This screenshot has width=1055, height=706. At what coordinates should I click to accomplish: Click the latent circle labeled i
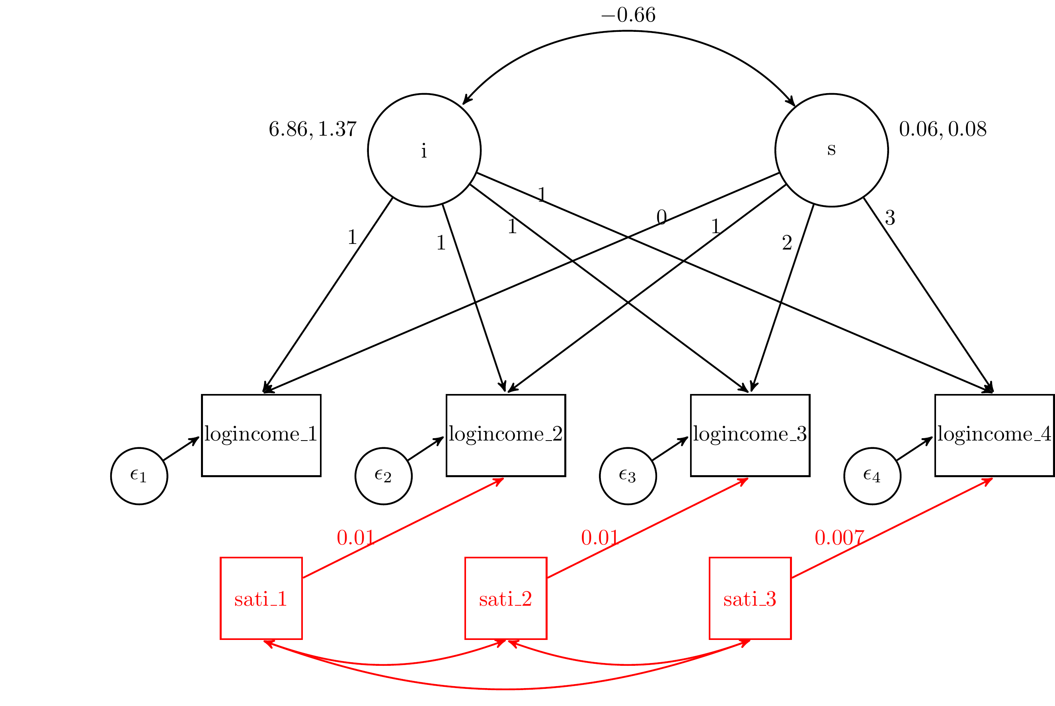[x=424, y=150]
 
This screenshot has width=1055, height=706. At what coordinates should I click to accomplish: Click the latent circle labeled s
[x=831, y=150]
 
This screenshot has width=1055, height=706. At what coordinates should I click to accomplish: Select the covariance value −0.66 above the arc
[x=628, y=15]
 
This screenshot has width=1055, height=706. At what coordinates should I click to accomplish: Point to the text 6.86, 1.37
[x=312, y=130]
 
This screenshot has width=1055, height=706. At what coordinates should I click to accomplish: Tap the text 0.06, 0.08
[x=942, y=130]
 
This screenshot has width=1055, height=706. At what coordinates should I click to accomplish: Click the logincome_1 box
[x=261, y=435]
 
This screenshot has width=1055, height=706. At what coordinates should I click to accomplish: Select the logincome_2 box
[x=506, y=435]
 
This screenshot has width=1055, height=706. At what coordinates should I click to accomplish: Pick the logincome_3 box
[x=750, y=435]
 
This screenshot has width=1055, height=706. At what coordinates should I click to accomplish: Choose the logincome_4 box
[x=994, y=435]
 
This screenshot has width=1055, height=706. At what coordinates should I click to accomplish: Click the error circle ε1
[x=139, y=476]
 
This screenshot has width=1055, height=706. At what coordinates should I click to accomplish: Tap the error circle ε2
[x=384, y=476]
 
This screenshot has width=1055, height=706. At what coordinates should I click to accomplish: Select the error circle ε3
[x=628, y=476]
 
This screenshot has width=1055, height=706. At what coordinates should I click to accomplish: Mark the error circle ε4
[x=872, y=476]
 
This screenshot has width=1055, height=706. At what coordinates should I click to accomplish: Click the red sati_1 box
[x=261, y=599]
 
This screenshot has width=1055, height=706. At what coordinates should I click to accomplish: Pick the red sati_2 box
[x=506, y=599]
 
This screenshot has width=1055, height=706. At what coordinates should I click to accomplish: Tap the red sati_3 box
[x=750, y=599]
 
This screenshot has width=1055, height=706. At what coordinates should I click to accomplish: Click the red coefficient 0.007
[x=839, y=538]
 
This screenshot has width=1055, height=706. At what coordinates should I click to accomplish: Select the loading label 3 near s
[x=890, y=218]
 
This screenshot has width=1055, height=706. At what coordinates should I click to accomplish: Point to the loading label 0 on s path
[x=661, y=218]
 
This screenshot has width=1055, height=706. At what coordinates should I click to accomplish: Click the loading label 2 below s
[x=787, y=243]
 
